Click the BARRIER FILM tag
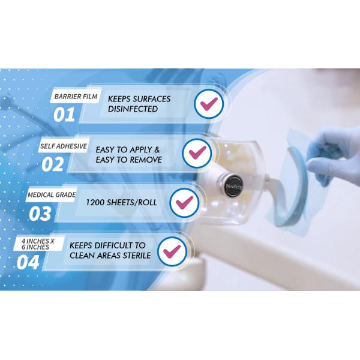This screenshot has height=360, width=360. pyautogui.click(x=76, y=96)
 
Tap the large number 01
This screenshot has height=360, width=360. pyautogui.click(x=64, y=115)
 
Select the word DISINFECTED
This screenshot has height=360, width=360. pyautogui.click(x=133, y=109)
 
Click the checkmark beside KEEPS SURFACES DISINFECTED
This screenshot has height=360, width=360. pyautogui.click(x=209, y=104)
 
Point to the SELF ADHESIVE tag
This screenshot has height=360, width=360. pyautogui.click(x=64, y=146)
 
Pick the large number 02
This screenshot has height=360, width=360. pyautogui.click(x=53, y=164)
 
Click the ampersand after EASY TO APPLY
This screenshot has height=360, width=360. pyautogui.click(x=157, y=149)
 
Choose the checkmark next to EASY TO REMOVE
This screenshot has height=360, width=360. pyautogui.click(x=197, y=153)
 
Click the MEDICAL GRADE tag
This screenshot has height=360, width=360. pyautogui.click(x=51, y=195)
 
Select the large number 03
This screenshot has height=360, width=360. pyautogui.click(x=40, y=214)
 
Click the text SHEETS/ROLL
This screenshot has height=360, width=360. pyautogui.click(x=132, y=203)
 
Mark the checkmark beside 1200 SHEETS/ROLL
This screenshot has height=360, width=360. pyautogui.click(x=185, y=203)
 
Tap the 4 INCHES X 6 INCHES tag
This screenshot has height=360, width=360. pyautogui.click(x=38, y=244)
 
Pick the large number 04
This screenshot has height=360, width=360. pyautogui.click(x=28, y=262)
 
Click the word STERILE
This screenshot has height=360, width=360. pyautogui.click(x=137, y=256)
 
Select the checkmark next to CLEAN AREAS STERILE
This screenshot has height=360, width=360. pyautogui.click(x=172, y=251)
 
